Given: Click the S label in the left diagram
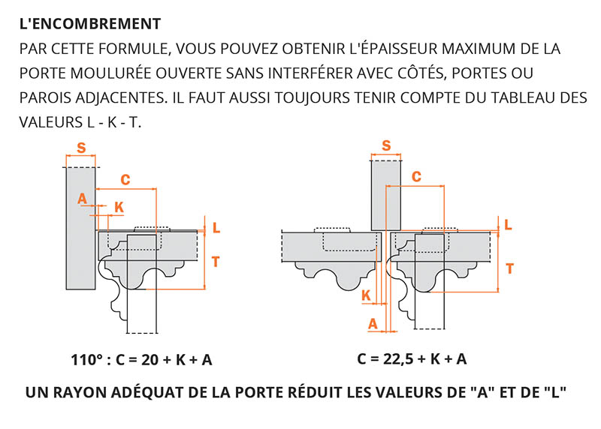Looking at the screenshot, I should [80, 148].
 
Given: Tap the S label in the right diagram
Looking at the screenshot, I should [386, 145].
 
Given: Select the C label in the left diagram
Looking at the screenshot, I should [125, 179].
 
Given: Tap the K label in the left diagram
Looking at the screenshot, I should [119, 206].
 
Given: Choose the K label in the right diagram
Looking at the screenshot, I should [366, 295].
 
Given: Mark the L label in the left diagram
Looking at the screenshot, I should [216, 227].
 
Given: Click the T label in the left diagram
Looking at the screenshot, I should [216, 261].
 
